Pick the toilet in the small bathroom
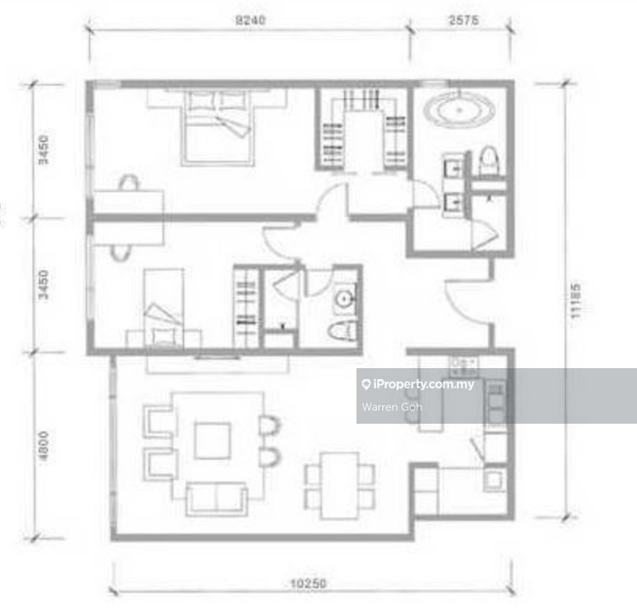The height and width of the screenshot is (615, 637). [342, 332]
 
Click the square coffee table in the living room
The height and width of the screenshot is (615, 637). [212, 440]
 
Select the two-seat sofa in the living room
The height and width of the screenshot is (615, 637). [216, 498]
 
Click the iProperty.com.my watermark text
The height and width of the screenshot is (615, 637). [422, 384]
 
